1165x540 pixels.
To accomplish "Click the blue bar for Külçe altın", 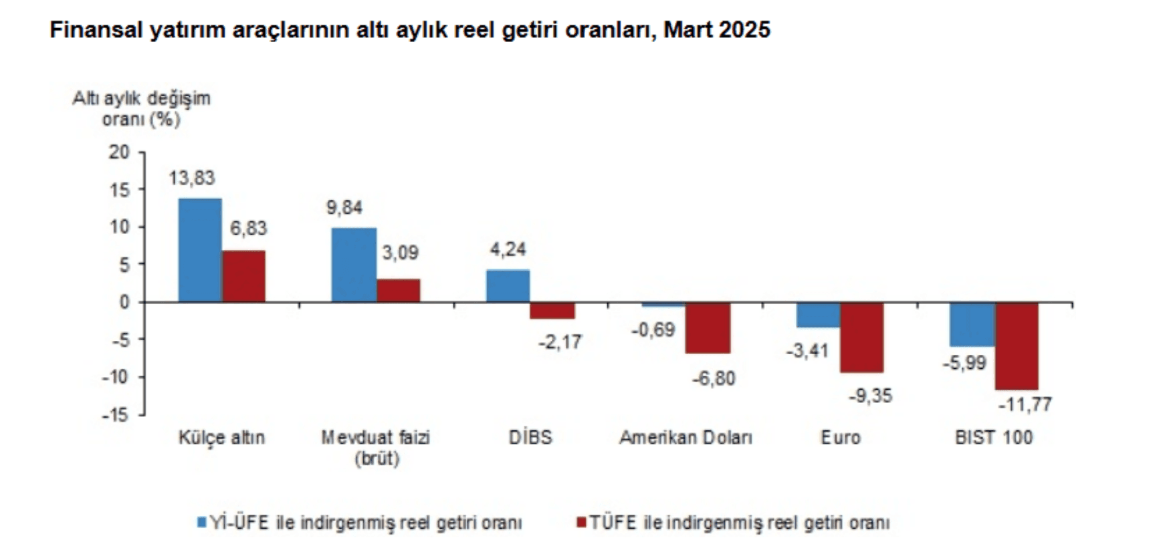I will point(200,250).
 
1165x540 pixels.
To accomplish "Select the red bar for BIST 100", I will point(1017,346).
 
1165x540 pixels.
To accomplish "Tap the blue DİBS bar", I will point(508,286).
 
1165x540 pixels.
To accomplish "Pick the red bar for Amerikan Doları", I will point(708,327).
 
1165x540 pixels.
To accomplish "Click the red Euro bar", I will point(861,337).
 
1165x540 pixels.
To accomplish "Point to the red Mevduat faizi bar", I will point(399,291).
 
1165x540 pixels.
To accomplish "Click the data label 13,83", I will point(191,178).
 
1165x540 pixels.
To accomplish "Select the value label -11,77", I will point(1025,404).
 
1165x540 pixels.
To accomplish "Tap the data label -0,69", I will point(653,329).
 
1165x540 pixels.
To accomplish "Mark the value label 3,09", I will point(400,253).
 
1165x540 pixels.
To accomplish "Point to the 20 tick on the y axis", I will point(119,152).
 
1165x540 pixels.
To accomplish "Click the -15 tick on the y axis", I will point(115,415).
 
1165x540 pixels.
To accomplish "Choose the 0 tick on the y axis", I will point(124,302).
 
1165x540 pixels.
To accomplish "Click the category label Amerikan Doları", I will point(685,438).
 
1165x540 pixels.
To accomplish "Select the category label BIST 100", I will point(993,438).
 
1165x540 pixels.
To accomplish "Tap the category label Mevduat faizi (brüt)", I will point(376,447).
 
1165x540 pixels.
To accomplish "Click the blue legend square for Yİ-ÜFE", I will point(201,521).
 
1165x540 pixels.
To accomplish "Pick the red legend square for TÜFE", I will point(580,521).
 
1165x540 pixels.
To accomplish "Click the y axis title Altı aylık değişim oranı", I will point(141,108).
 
